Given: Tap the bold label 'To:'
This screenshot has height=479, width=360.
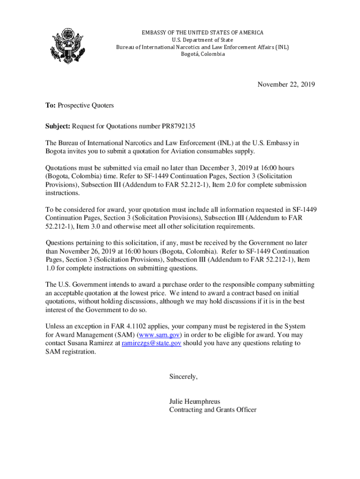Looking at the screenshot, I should [x=50, y=106].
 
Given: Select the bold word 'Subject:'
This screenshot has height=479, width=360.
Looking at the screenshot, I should [x=58, y=126].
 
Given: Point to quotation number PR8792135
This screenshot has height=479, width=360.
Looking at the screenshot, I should [x=178, y=126].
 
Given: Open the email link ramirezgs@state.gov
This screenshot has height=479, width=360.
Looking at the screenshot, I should [x=151, y=343].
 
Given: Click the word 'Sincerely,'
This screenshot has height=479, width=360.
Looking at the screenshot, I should [x=183, y=377].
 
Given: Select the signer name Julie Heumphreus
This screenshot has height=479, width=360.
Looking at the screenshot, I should [x=194, y=401].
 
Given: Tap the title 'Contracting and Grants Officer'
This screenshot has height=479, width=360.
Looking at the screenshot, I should [x=213, y=410].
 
